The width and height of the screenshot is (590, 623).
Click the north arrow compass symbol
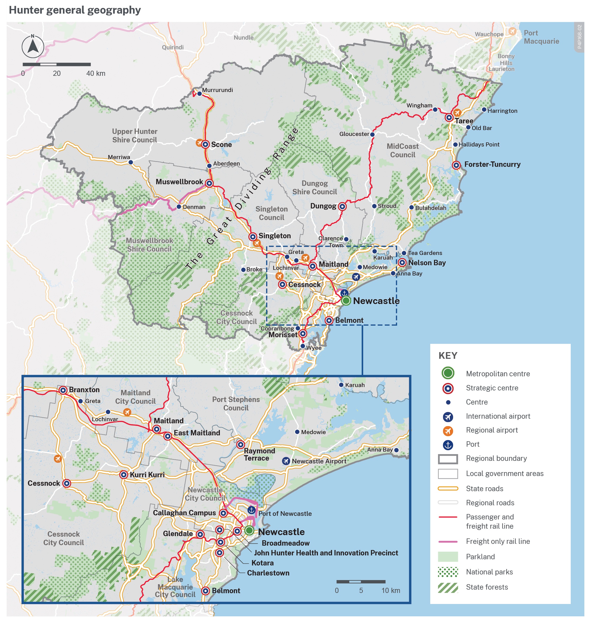click(33, 47)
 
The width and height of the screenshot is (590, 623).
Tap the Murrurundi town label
click(217, 90)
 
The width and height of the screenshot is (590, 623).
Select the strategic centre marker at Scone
click(205, 144)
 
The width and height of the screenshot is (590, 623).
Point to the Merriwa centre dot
click(130, 162)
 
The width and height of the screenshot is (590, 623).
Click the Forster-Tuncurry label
click(492, 164)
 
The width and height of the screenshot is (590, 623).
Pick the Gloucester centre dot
click(372, 134)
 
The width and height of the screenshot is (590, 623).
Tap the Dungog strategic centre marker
click(342, 206)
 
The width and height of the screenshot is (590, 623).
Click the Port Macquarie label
click(541, 37)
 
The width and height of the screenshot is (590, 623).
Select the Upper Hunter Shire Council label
click(135, 136)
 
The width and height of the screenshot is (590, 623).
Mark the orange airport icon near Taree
click(457, 112)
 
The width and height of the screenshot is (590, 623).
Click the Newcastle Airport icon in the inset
click(286, 461)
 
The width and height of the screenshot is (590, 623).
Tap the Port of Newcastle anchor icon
click(251, 510)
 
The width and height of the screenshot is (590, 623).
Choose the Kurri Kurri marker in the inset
click(124, 474)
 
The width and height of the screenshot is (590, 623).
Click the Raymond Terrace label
click(259, 454)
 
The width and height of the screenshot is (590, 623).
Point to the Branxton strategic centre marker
click(63, 390)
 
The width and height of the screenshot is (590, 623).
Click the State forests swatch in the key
click(448, 587)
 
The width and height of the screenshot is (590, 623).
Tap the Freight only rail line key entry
click(498, 541)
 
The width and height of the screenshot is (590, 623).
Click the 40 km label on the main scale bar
click(96, 73)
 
